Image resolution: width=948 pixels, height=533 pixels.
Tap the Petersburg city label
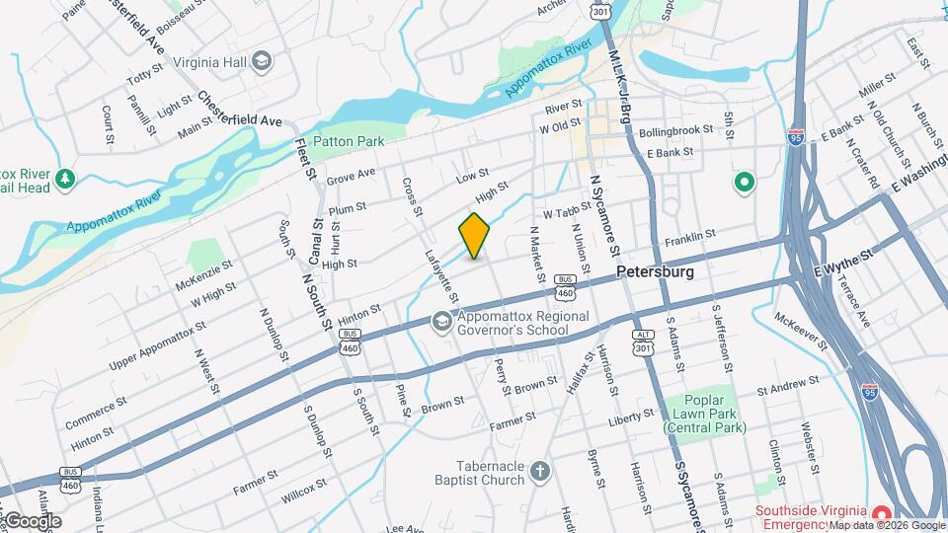[654, 271]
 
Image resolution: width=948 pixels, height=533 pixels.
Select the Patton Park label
[349, 141]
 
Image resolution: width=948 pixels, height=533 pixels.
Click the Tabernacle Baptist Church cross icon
[539, 471]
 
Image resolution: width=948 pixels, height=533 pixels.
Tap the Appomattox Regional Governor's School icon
[441, 322]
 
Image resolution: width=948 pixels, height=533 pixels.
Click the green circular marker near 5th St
[744, 183]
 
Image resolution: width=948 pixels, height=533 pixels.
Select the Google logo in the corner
[32, 520]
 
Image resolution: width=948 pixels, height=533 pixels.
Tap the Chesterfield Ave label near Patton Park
[240, 110]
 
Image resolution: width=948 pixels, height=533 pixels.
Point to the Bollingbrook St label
[675, 130]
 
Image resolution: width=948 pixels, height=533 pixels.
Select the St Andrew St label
[790, 390]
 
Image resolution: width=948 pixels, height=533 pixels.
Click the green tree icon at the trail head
[66, 179]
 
